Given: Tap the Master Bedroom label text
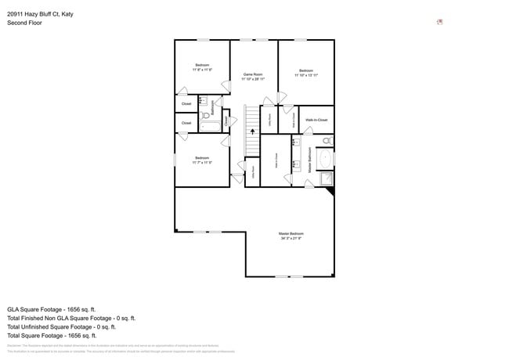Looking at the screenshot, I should pyautogui.click(x=291, y=234).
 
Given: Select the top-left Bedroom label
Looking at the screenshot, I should pyautogui.click(x=202, y=65).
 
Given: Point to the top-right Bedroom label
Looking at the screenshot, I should pyautogui.click(x=306, y=70).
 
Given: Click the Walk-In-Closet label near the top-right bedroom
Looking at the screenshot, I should pyautogui.click(x=316, y=120).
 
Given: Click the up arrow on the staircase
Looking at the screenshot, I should pyautogui.click(x=252, y=131).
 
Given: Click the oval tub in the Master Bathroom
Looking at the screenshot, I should pyautogui.click(x=327, y=157).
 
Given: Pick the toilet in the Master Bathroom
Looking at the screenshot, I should pyautogui.click(x=327, y=141).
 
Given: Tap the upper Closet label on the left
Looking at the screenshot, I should pyautogui.click(x=186, y=103).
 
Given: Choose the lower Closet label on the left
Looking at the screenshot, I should pyautogui.click(x=186, y=123).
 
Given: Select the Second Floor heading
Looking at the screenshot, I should pyautogui.click(x=24, y=23).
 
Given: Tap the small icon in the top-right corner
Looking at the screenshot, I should pyautogui.click(x=440, y=22).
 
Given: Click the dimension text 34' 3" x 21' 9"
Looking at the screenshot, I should pyautogui.click(x=291, y=239).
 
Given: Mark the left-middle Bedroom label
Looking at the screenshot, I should pyautogui.click(x=202, y=159).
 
